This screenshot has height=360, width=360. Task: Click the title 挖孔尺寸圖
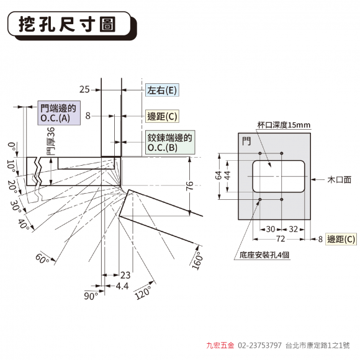(x=67, y=24)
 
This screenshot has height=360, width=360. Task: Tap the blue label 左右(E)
(x=162, y=90)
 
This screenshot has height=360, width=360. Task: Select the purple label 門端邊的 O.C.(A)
(x=59, y=113)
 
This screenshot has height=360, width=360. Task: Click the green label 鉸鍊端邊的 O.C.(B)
(x=170, y=142)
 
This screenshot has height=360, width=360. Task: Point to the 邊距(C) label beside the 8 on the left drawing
(x=162, y=117)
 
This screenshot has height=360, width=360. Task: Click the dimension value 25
(x=84, y=89)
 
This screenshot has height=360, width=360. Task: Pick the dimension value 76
(x=189, y=186)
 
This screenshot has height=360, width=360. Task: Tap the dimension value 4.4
(x=122, y=286)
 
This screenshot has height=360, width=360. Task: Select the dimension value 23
(x=125, y=275)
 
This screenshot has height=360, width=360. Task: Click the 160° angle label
(x=197, y=261)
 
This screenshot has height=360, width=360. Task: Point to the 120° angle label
(x=143, y=293)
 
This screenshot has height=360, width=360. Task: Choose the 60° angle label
(x=42, y=259)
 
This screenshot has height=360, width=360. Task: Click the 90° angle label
(x=91, y=296)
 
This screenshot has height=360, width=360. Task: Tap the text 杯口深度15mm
(x=284, y=125)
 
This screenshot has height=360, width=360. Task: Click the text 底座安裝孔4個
(x=264, y=255)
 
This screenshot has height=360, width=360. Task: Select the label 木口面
(x=340, y=179)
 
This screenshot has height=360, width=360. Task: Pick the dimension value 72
(x=281, y=239)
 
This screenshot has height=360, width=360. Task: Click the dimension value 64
(x=219, y=175)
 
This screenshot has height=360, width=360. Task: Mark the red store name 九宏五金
(x=220, y=345)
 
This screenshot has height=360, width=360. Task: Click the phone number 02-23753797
(x=259, y=345)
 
